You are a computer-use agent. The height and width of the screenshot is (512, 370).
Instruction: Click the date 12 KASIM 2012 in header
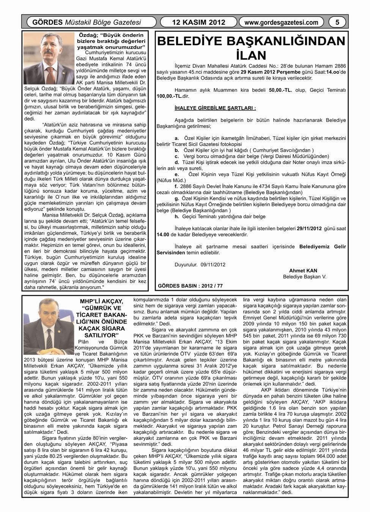[198, 22]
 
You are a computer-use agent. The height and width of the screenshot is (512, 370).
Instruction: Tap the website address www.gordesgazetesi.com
[281, 22]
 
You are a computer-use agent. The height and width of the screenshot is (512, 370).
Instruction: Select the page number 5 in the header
[337, 22]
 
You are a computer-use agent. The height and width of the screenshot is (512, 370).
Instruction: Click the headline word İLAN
[251, 55]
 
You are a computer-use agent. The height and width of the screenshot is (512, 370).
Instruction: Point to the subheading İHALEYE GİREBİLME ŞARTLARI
[216, 108]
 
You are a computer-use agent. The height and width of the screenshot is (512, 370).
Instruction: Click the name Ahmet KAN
[303, 270]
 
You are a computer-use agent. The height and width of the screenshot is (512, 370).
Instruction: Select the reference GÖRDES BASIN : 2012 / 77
[190, 285]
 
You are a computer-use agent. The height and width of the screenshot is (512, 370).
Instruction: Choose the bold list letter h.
[176, 216]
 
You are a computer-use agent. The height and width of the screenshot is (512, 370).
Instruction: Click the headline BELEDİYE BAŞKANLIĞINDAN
[251, 41]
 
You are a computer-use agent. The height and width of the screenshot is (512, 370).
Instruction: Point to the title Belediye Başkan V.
[304, 276]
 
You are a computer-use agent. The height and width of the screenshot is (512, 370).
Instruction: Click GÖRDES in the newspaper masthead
[47, 22]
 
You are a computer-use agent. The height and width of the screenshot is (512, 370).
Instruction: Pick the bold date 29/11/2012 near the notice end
[309, 229]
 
